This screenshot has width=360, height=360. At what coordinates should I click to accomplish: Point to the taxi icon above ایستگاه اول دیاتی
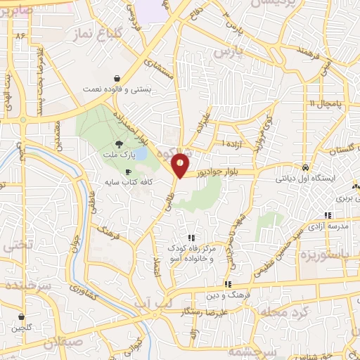(304, 168)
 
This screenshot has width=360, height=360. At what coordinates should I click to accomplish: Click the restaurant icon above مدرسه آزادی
(327, 214)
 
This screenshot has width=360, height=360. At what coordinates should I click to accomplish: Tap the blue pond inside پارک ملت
(141, 153)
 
